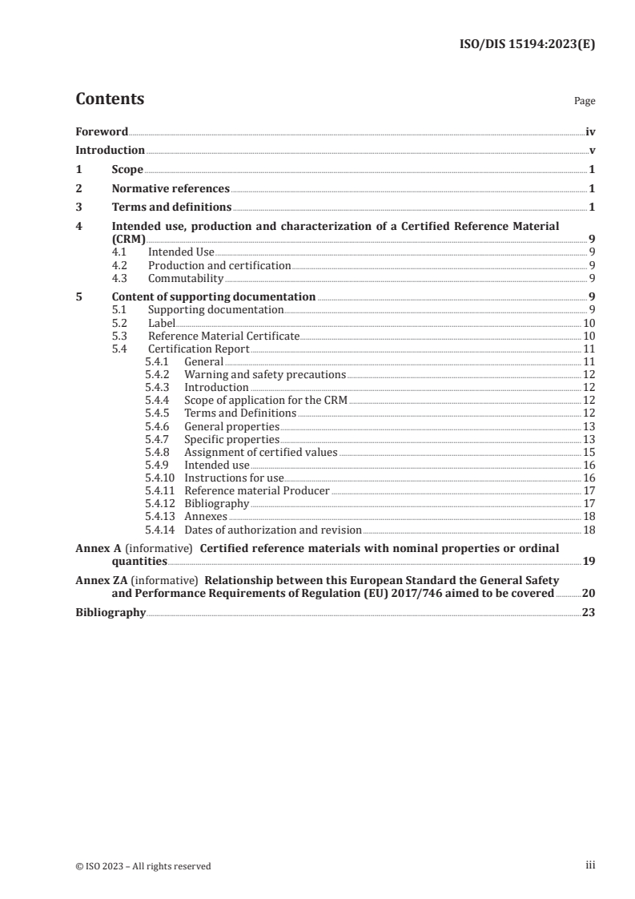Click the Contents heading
pos(110,99)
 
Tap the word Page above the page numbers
pos(584,102)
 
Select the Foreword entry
pos(102,131)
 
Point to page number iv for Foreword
pos(590,131)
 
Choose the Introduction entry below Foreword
pos(110,151)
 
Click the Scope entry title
pos(127,170)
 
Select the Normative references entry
pos(171,189)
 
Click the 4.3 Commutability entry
pos(185,279)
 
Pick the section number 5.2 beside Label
pos(119,323)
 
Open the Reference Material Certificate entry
pos(223,337)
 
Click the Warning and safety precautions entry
pos(264,374)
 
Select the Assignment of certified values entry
pos(260,452)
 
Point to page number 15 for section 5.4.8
pos(589,452)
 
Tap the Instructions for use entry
pos(234,478)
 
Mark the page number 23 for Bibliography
pos(589,612)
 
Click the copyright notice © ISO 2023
pos(143,865)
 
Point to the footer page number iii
pos(590,865)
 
